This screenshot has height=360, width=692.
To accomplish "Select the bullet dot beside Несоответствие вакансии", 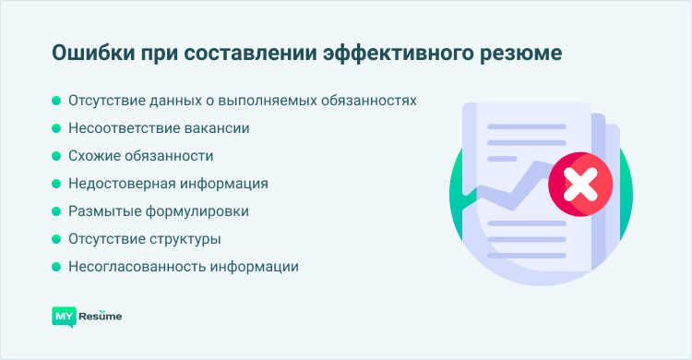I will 56,128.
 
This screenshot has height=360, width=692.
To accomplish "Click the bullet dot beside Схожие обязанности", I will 56,156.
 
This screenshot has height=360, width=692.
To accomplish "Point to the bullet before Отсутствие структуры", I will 56,239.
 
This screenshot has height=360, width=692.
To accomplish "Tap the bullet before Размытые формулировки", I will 56,211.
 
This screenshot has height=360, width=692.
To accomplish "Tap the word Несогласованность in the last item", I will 131,267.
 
